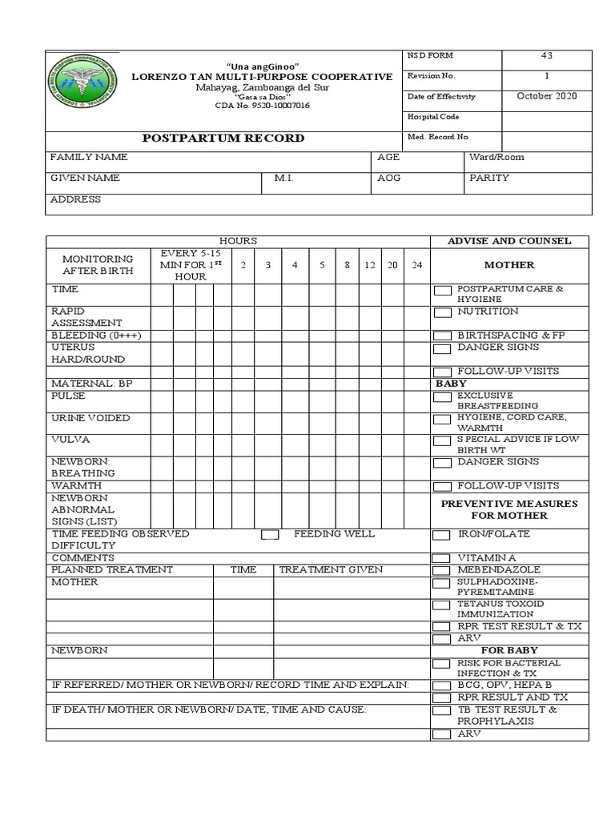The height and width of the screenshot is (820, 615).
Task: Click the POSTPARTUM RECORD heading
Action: (223, 138)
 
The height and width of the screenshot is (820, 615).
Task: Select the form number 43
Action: (547, 56)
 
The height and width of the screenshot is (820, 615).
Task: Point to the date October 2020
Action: (547, 96)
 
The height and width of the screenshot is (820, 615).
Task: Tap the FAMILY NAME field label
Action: (89, 158)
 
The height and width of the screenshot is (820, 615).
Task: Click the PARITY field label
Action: (489, 178)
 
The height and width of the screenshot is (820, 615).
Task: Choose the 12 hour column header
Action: (369, 265)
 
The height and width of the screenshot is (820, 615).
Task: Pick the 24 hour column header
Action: (416, 265)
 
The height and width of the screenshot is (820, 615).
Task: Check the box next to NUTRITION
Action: (442, 312)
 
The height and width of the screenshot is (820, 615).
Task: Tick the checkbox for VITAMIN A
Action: (441, 558)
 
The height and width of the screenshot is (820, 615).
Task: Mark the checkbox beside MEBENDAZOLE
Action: (441, 570)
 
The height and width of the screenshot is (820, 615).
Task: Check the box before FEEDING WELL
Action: (270, 534)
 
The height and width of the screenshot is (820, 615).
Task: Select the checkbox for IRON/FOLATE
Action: (441, 535)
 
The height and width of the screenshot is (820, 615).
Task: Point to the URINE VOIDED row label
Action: (90, 418)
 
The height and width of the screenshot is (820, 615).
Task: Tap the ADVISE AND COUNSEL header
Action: (510, 241)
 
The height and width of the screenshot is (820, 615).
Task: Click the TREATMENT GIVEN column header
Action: (331, 569)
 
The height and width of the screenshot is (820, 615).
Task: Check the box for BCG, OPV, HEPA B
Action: (441, 686)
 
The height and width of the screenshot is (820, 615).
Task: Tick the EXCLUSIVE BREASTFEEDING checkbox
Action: (442, 397)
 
